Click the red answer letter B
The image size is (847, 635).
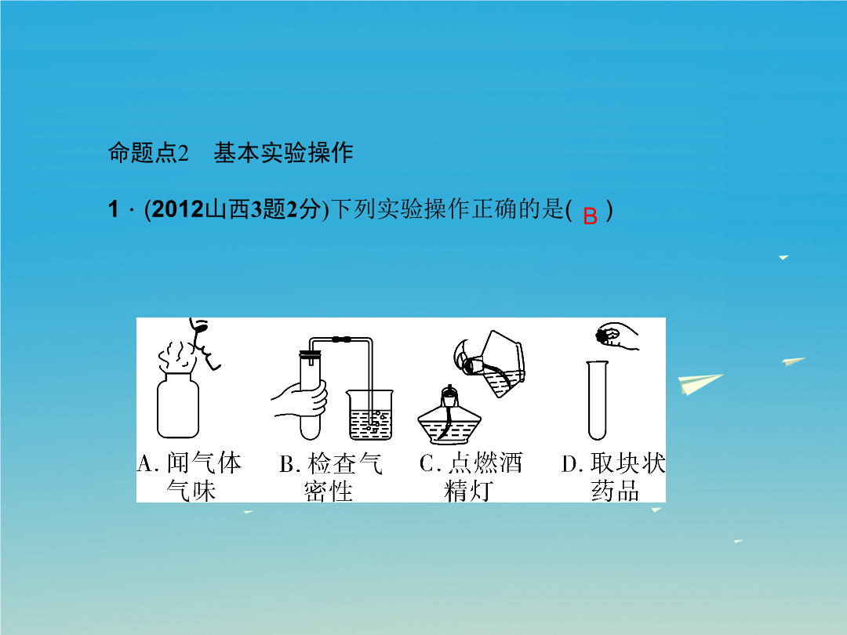click(591, 216)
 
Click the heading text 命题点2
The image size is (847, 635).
click(148, 153)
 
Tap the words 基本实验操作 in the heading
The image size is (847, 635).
click(284, 153)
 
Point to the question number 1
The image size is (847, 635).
click(113, 209)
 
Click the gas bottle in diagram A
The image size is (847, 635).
click(178, 405)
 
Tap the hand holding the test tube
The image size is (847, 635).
click(300, 400)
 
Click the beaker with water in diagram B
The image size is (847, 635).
click(370, 414)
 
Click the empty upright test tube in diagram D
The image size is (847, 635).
click(597, 400)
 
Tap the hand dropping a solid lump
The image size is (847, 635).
click(617, 336)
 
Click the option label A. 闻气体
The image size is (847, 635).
click(189, 463)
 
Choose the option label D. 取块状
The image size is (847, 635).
click(613, 463)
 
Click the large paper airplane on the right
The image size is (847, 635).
click(700, 384)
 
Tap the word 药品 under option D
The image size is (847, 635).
click(615, 490)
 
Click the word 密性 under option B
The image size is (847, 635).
click(329, 491)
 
